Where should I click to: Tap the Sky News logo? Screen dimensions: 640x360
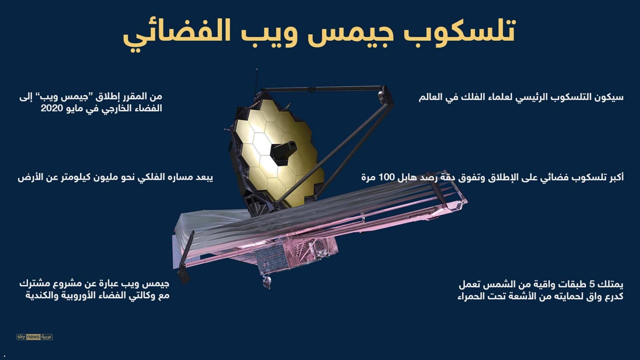[x=35, y=337]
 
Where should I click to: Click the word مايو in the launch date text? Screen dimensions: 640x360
[x=77, y=108]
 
